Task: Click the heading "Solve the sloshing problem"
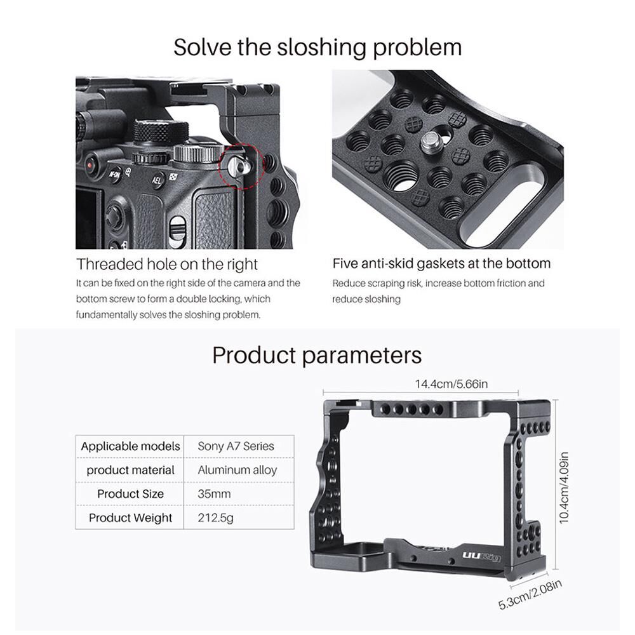point(317,48)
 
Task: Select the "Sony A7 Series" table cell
point(236,446)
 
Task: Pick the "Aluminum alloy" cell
point(237,470)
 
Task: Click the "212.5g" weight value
point(215,518)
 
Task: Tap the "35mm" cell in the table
point(214,493)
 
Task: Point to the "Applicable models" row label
point(130,446)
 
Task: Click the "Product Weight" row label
point(130,518)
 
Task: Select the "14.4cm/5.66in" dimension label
point(451,384)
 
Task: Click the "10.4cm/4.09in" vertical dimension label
point(564,488)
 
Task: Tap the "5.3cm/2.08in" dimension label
point(530,594)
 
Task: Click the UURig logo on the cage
point(482,556)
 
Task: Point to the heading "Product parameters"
point(317,355)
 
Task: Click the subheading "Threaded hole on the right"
point(167,264)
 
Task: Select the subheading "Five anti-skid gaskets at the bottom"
point(441,264)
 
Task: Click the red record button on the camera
point(90,165)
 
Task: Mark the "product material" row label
point(130,470)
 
